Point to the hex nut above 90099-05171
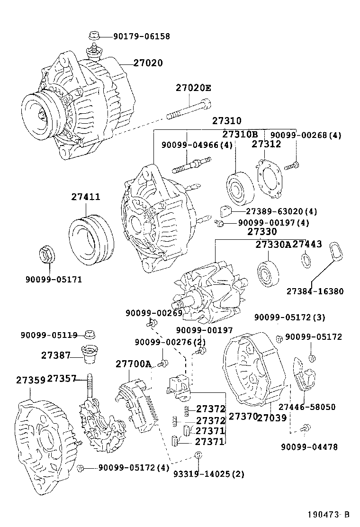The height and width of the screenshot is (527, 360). [47, 254]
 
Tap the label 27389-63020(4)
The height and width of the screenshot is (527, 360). [281, 211]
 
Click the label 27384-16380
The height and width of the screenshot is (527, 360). [315, 291]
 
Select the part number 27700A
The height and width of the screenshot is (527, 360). [133, 364]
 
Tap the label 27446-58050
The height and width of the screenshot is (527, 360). [306, 407]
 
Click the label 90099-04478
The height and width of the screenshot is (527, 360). [309, 446]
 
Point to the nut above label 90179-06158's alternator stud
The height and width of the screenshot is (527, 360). [93, 36]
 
